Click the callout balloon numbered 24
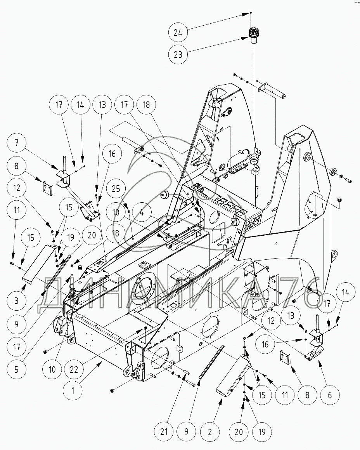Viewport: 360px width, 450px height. coord(178,33)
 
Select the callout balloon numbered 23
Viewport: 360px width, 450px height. coord(178,54)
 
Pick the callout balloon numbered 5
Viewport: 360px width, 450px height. coord(16,369)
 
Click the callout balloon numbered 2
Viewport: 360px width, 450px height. coord(210,431)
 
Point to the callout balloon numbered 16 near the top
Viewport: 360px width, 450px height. coord(112,154)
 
